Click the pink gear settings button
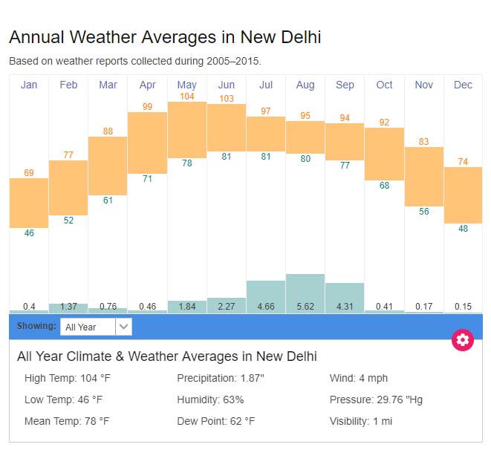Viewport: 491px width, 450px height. tap(463, 340)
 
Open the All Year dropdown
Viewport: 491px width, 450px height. tap(96, 326)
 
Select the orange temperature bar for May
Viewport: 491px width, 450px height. tap(187, 129)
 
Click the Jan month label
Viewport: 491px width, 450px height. tap(29, 85)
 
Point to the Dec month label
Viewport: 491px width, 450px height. tap(463, 85)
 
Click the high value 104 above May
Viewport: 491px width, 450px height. tap(187, 97)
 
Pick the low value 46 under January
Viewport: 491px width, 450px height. tap(29, 233)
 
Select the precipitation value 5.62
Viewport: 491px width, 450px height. tap(305, 306)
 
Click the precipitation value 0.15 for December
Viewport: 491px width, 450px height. tap(463, 306)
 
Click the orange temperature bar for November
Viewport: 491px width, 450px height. tap(423, 176)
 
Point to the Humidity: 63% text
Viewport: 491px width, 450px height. tap(210, 400)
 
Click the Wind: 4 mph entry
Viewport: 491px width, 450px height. tap(359, 379)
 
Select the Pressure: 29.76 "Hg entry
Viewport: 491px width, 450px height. tap(376, 400)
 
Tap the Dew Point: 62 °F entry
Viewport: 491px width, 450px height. tap(215, 421)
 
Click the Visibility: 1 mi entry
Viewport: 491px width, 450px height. tap(361, 421)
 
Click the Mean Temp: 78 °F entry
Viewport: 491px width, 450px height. tap(67, 421)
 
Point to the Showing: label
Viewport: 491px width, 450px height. tap(36, 326)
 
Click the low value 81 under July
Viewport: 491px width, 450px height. tap(266, 157)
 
